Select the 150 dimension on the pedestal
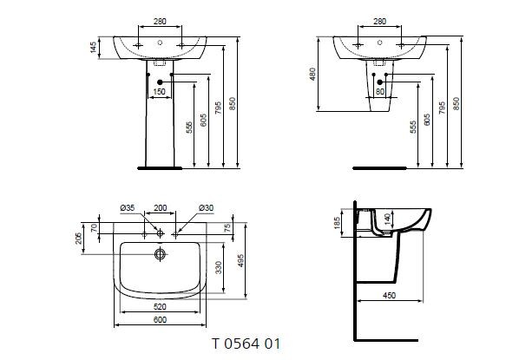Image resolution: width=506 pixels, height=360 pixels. (x=159, y=90)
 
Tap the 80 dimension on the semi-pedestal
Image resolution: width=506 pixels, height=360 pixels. (x=380, y=90)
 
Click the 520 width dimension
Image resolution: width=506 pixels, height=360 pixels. (x=160, y=306)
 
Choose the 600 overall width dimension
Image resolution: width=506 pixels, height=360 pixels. (x=160, y=318)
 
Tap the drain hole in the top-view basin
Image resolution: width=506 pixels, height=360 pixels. (x=160, y=254)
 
